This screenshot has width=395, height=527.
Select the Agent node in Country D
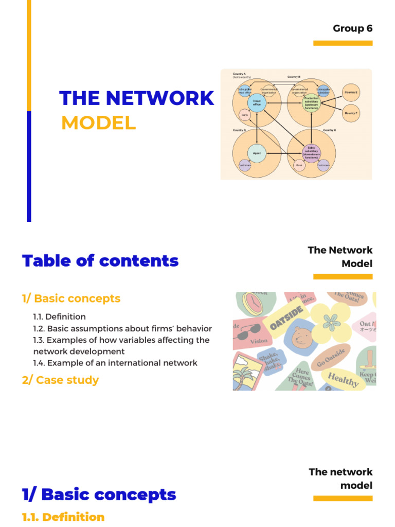click(257, 153)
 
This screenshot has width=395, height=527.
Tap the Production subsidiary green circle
click(311, 103)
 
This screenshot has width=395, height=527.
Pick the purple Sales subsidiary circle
click(311, 153)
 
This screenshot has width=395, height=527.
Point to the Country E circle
click(351, 92)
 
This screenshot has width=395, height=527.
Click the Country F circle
click(351, 113)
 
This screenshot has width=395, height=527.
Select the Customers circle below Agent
click(244, 166)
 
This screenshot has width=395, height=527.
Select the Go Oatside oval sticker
click(330, 356)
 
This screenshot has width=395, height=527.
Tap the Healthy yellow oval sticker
click(343, 379)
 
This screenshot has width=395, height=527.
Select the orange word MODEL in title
click(98, 124)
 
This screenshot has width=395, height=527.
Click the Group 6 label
click(352, 28)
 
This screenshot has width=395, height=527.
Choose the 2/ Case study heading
click(60, 380)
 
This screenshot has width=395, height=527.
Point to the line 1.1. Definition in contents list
click(59, 317)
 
